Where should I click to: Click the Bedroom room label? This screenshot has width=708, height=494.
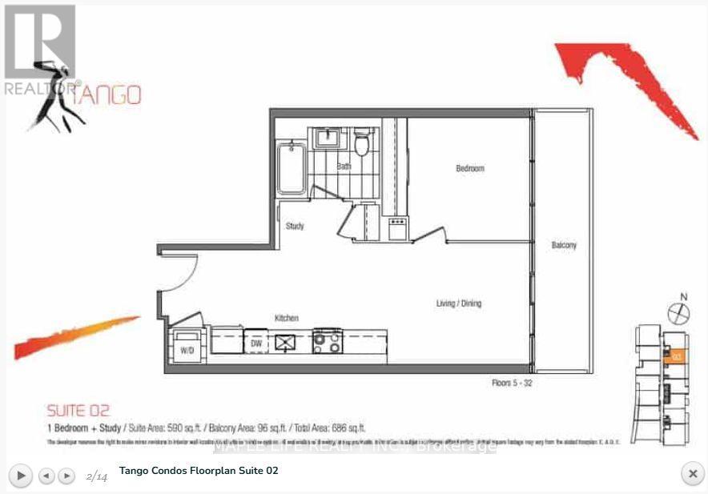[x=470, y=169]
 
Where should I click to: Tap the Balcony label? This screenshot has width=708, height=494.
[x=564, y=245]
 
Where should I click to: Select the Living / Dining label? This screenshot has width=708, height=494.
[x=458, y=303]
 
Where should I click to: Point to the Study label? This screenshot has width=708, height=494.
[x=295, y=226]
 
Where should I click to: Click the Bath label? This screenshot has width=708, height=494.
[x=344, y=167]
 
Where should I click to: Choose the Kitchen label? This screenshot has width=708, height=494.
[x=287, y=318]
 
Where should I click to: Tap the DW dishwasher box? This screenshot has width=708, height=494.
[x=255, y=343]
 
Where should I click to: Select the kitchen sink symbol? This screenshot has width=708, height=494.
[x=286, y=342]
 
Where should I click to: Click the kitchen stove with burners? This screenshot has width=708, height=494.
[x=327, y=342]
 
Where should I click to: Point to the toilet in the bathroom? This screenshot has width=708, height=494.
[x=362, y=144]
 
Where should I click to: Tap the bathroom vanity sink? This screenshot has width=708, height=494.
[x=328, y=139]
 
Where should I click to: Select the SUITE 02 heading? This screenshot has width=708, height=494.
[x=78, y=411]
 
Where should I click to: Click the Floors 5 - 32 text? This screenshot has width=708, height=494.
[x=512, y=384]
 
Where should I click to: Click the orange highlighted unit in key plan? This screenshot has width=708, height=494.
[x=675, y=355]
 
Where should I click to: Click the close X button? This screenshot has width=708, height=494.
[x=692, y=474]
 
